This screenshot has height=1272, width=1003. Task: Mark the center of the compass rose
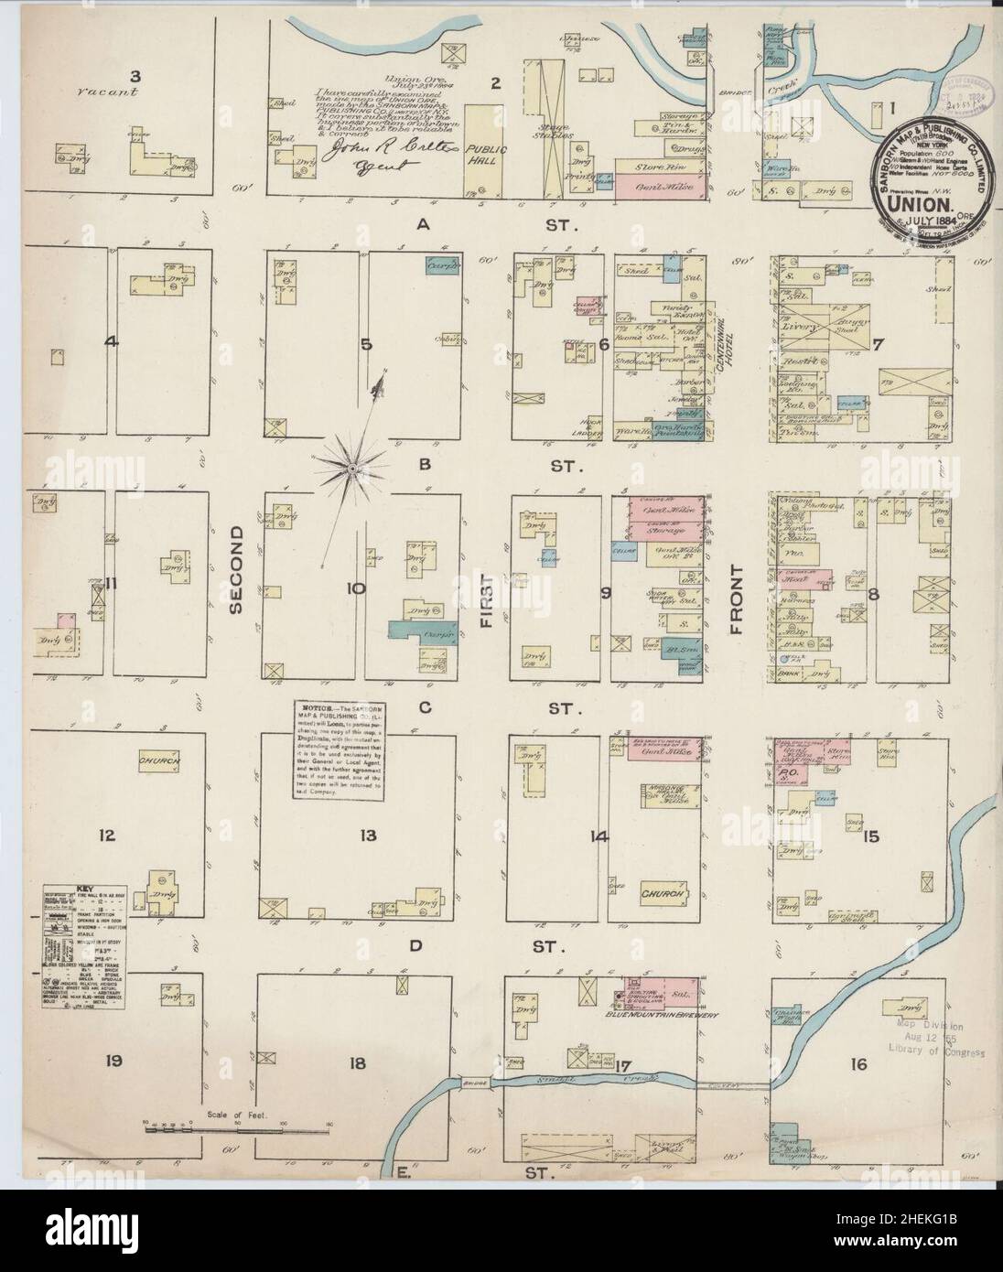tap(351, 468)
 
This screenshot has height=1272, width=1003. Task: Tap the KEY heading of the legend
tap(84, 889)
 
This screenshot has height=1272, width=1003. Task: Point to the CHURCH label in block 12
tap(157, 760)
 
